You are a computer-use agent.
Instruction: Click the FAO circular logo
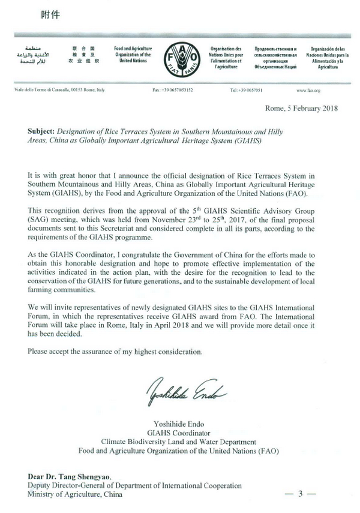point(179,58)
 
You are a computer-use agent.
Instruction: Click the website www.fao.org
point(309,90)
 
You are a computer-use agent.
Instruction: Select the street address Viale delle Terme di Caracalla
point(59,90)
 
